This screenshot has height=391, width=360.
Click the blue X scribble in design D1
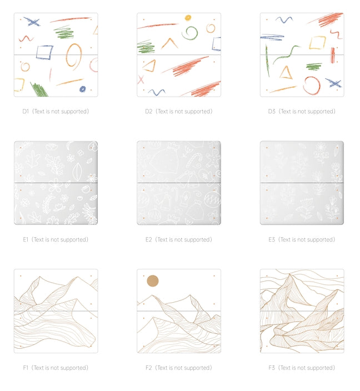(32, 22)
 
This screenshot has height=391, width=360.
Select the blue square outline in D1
(37, 52)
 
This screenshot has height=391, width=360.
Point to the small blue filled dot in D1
(82, 89)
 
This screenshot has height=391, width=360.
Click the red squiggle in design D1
(26, 38)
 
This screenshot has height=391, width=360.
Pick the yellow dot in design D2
(188, 18)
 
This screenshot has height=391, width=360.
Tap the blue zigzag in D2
(157, 92)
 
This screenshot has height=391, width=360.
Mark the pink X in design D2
(141, 79)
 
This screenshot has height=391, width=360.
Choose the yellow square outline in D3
(317, 43)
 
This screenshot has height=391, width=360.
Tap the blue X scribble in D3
(333, 83)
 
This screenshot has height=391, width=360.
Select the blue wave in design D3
(284, 19)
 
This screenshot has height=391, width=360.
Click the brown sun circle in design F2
(153, 281)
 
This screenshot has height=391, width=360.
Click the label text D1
(26, 111)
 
